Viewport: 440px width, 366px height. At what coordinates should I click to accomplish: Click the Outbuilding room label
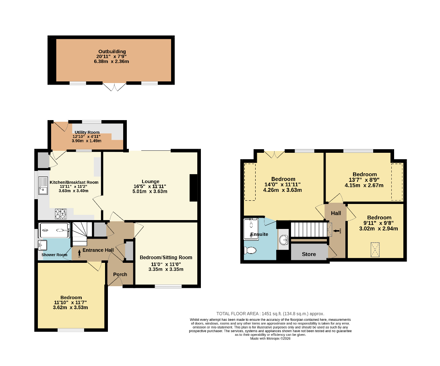112,52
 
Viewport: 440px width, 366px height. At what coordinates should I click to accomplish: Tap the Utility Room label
87,132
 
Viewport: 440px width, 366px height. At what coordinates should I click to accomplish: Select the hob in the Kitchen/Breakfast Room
61,214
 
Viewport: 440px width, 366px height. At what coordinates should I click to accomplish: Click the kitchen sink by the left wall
43,186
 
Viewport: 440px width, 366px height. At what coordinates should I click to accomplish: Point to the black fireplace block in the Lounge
194,188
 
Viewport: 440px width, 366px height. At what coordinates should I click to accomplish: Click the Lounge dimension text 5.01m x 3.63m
150,191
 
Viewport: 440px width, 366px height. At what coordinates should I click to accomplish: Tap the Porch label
120,274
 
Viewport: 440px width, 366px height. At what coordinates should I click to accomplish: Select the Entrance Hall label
98,250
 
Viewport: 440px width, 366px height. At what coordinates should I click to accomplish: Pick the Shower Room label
54,255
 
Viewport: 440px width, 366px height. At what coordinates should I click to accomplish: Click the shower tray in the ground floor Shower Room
54,230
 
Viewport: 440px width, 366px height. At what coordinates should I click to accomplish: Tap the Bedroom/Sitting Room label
166,257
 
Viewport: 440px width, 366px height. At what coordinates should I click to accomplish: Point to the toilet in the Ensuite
250,250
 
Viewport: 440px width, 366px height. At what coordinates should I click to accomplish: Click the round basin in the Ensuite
284,239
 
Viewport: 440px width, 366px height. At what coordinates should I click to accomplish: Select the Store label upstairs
309,254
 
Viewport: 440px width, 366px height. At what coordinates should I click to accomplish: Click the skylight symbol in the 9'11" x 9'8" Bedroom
375,250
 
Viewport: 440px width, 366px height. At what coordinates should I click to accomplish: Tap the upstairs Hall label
336,213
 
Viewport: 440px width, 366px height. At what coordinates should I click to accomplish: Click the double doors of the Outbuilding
115,87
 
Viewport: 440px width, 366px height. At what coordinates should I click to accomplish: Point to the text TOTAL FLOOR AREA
238,314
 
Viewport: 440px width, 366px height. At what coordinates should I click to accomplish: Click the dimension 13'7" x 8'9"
364,180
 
